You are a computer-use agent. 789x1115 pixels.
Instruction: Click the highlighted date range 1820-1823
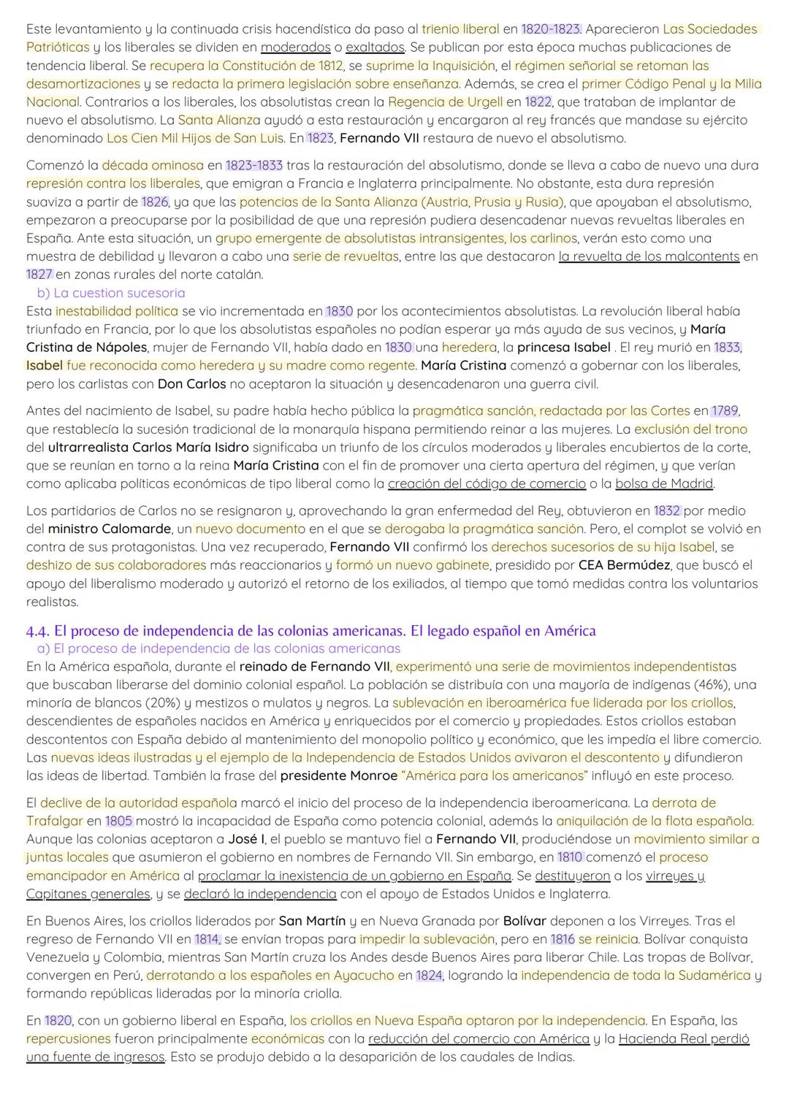551,29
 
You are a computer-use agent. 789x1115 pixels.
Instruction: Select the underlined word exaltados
375,47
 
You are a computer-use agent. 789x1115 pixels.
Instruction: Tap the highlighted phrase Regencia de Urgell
445,102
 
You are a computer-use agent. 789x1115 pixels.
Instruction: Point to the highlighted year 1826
154,202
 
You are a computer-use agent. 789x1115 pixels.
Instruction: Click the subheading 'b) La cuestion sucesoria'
110,293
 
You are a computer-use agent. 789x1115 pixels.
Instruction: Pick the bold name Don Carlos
191,384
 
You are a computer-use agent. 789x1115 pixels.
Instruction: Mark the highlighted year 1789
725,411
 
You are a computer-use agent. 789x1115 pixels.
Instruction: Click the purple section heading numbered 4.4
310,631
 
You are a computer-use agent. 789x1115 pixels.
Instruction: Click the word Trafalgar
54,821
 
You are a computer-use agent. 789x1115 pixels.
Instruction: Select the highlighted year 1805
118,821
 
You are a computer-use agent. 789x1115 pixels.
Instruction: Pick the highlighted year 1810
571,857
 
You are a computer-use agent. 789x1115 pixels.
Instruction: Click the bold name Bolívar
525,921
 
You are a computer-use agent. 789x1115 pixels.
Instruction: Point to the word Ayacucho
363,976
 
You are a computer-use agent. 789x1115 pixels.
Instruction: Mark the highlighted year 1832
667,510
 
